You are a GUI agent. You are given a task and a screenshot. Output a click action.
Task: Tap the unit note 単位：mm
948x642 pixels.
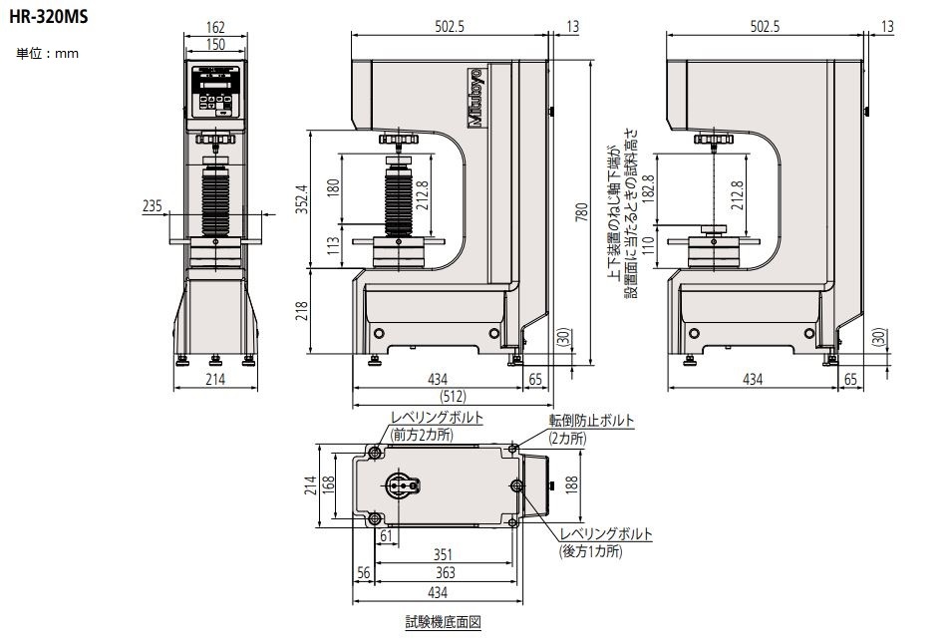pos(48,53)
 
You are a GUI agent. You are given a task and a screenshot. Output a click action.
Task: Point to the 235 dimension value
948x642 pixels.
pos(153,205)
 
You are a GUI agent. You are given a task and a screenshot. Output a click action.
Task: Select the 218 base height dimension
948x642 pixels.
pos(302,311)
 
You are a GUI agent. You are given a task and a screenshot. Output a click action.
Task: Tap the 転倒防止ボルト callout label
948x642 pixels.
pos(590,422)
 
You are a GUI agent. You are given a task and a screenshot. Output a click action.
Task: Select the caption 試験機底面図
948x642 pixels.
pos(443,621)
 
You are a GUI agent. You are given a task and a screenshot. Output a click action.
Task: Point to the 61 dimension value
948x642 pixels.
pos(386,537)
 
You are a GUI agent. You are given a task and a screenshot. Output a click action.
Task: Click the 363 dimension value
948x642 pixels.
pos(446,572)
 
